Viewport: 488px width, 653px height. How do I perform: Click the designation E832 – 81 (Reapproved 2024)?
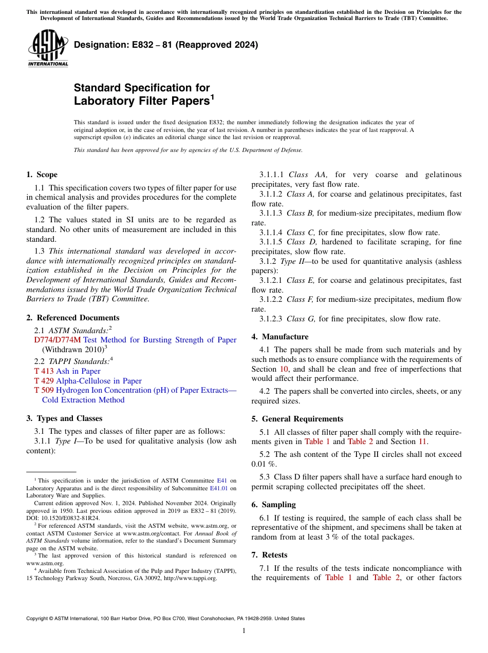pos(166,45)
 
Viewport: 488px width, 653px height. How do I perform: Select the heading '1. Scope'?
pos(42,175)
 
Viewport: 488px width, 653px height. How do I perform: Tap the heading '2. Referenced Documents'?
pos(73,318)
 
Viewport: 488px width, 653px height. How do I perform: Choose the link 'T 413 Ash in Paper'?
pos(67,371)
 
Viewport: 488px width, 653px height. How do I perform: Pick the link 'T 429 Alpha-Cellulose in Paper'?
pos(88,381)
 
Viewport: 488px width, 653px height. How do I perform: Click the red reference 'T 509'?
pos(44,390)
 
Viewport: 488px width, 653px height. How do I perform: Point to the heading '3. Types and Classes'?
pos(64,418)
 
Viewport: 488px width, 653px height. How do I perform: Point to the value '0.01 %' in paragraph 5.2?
pos(264,464)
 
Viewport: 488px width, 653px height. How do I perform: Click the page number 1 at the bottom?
pos(244,630)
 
